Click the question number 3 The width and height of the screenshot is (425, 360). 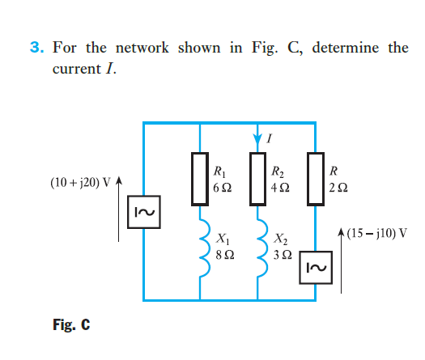pyautogui.click(x=37, y=48)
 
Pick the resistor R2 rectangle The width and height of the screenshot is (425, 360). pyautogui.click(x=257, y=178)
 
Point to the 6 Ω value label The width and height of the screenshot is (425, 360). pyautogui.click(x=222, y=186)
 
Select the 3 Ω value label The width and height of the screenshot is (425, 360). pyautogui.click(x=284, y=255)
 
